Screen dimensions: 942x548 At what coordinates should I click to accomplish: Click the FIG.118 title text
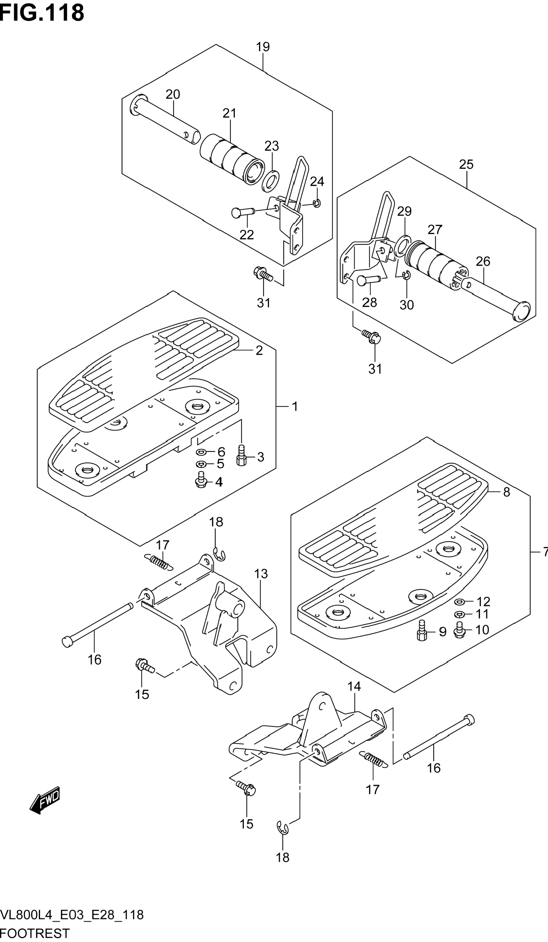[x=42, y=13]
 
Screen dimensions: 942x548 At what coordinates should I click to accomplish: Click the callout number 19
[x=263, y=47]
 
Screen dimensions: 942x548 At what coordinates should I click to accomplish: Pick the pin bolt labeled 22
[x=242, y=212]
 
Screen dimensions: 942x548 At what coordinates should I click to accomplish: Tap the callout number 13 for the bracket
[x=261, y=574]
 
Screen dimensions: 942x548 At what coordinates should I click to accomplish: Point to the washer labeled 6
[x=201, y=452]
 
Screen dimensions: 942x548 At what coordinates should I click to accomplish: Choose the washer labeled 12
[x=459, y=601]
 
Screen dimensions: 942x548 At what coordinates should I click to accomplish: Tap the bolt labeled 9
[x=422, y=631]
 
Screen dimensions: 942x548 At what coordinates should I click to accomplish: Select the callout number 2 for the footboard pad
[x=259, y=350]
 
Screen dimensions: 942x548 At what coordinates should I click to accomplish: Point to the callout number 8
[x=506, y=492]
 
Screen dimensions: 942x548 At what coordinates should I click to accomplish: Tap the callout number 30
[x=407, y=305]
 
